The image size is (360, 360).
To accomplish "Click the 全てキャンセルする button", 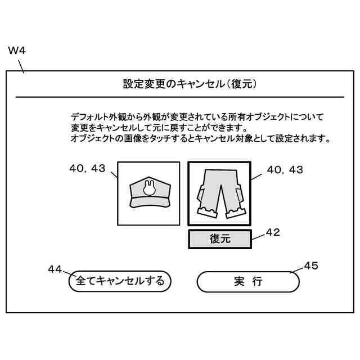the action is tap(120, 281).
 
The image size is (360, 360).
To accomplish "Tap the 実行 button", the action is tap(248, 281).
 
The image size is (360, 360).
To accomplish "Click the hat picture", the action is tap(148, 192).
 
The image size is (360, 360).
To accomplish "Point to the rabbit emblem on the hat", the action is tap(149, 188).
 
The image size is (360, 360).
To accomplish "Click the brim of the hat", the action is tap(148, 202).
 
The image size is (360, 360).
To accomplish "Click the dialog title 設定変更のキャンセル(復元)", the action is tap(190, 84).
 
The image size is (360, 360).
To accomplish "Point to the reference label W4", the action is tap(17, 51).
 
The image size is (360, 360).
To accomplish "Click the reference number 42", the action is tap(273, 231).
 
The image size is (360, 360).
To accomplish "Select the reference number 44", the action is tap(55, 269).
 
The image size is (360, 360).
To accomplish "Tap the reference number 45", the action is tap(311, 265).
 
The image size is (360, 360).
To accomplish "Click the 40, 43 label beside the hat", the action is tap(87, 168).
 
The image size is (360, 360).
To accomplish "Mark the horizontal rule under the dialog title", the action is tap(180, 97).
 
